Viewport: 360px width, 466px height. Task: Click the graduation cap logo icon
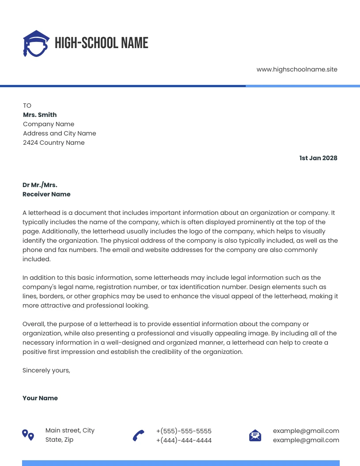point(36,43)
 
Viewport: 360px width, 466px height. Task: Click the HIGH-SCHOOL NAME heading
point(101,43)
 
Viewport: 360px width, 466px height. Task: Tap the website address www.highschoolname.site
point(296,69)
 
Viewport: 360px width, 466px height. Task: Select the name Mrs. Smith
point(40,115)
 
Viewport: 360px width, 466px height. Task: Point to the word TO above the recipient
point(27,105)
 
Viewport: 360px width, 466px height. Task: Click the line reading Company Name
point(49,124)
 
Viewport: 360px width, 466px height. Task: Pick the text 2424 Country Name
point(53,143)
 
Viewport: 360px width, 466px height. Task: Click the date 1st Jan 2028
point(318,158)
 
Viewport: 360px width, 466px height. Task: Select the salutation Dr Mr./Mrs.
point(40,185)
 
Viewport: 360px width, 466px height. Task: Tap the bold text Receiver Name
point(46,194)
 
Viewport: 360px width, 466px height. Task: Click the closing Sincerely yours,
point(46,370)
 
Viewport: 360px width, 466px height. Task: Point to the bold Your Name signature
point(40,398)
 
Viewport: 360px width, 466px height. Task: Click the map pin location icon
point(28,435)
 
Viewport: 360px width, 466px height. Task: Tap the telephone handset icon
point(139,436)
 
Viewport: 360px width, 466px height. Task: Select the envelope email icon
point(255,436)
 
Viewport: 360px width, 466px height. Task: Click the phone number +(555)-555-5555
point(184,431)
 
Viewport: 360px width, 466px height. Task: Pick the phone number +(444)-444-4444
point(184,440)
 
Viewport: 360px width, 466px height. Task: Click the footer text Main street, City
point(70,430)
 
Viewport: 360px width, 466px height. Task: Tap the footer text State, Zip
point(59,440)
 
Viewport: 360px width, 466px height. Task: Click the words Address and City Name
point(59,133)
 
